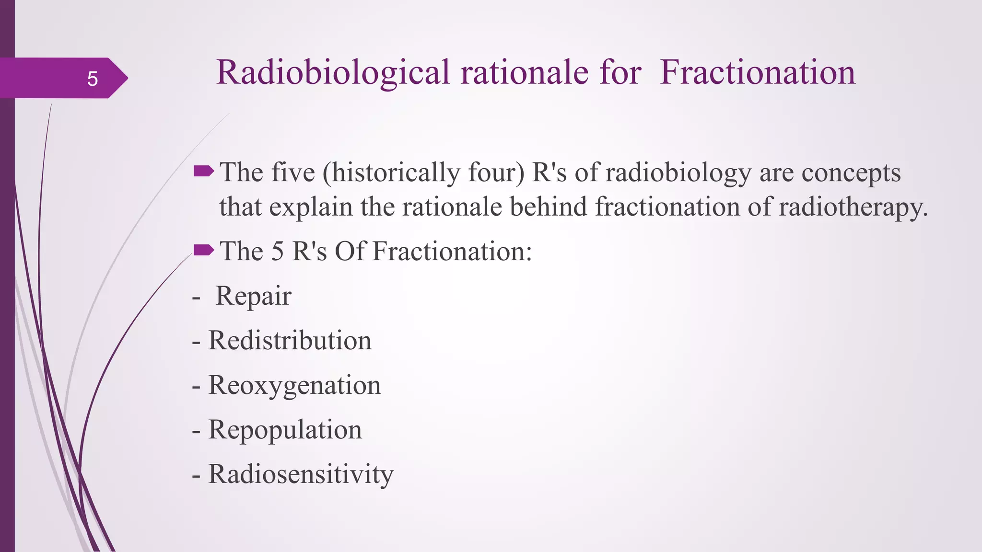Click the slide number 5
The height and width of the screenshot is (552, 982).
coord(93,79)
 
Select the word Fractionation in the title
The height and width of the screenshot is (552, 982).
coord(757,73)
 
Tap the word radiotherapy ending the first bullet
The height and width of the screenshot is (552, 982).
coord(853,207)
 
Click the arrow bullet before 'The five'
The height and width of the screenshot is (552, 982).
coord(203,171)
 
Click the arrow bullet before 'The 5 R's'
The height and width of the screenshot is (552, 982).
coord(203,250)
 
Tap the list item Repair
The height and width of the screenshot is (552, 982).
coord(253,296)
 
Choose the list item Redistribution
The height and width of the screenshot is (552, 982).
coord(290,341)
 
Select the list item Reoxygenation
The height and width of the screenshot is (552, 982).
coord(294,385)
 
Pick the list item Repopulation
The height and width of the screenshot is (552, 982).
coord(285,430)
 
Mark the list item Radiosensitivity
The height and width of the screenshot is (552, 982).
coord(301,474)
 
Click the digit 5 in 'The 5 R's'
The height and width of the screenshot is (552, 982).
coord(277,251)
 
